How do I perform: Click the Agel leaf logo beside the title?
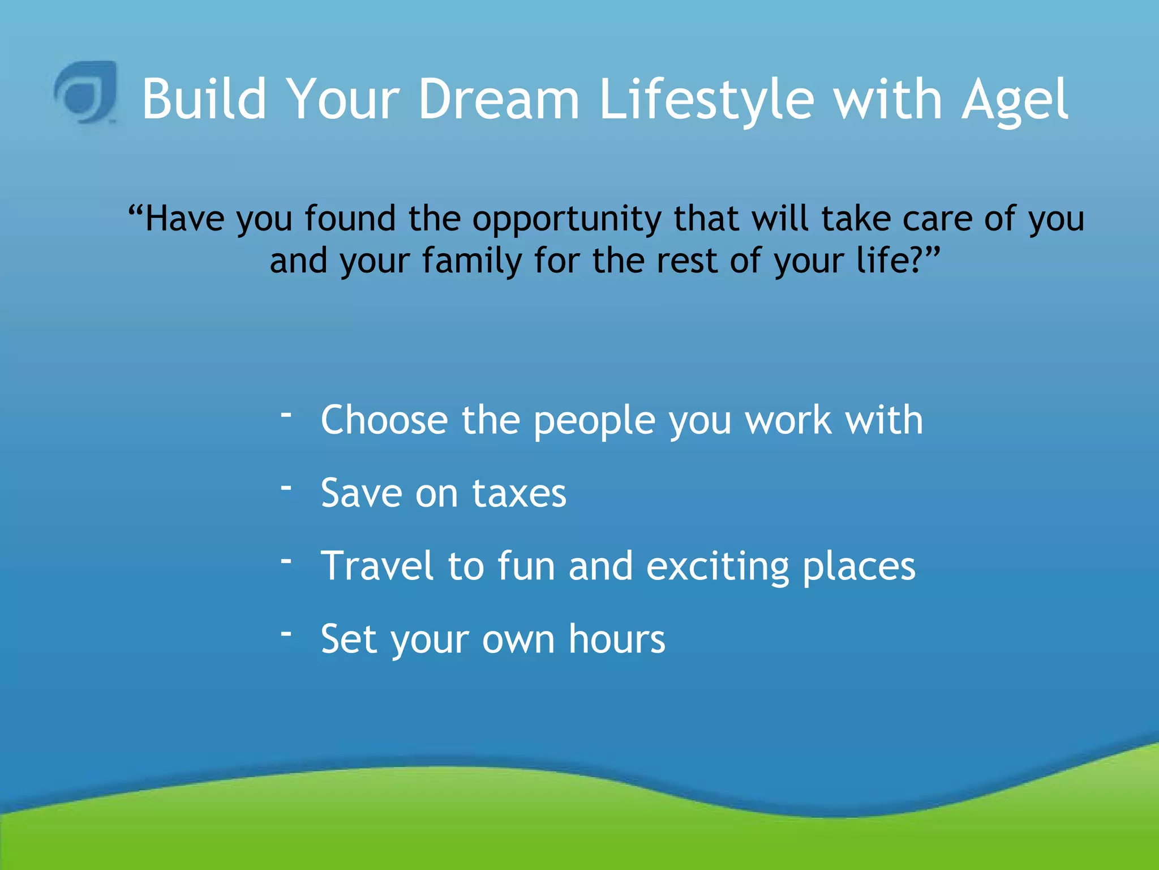86,92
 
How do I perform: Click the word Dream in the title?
499,100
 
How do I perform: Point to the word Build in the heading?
204,100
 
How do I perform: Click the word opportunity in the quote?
566,220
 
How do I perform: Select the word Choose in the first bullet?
384,420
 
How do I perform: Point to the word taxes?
519,493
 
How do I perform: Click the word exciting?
718,567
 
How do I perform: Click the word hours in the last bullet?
617,639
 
